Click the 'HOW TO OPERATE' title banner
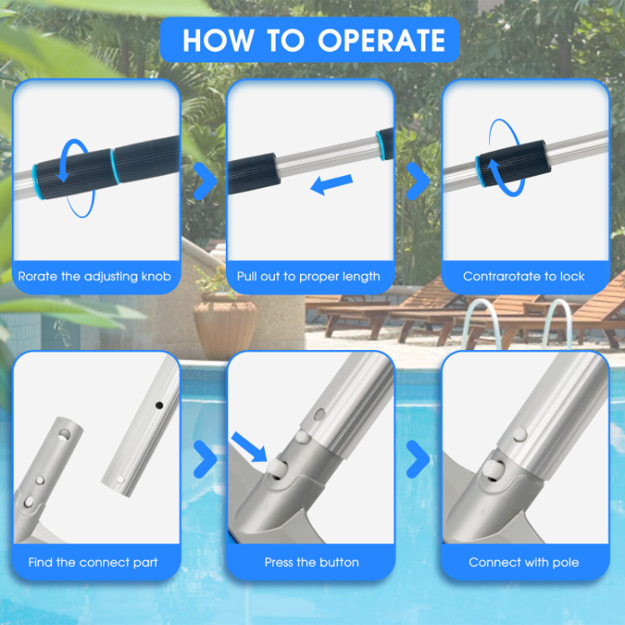(x=312, y=41)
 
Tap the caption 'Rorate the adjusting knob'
(x=97, y=276)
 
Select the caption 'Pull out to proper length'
(x=308, y=276)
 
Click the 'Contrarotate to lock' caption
(x=523, y=276)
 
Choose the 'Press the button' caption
(x=312, y=562)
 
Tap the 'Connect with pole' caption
(x=523, y=562)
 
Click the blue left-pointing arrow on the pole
(x=332, y=185)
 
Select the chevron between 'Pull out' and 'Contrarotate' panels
(x=417, y=182)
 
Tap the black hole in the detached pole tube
(x=157, y=404)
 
